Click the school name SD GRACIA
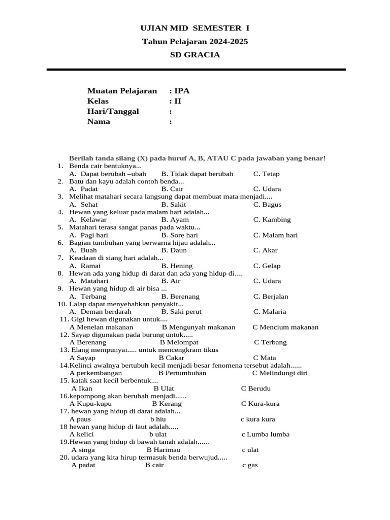[x=195, y=55]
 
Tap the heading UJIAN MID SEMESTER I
[x=195, y=28]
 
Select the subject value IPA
[x=182, y=91]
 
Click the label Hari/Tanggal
[x=113, y=111]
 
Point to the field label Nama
[x=99, y=121]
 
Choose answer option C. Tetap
[x=266, y=174]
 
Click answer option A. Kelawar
[x=88, y=220]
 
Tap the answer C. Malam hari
[x=275, y=235]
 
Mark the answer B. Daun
[x=174, y=250]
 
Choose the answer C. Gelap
[x=267, y=266]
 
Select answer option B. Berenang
[x=180, y=297]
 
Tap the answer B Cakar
[x=171, y=358]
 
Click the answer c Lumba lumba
[x=265, y=435]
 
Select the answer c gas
[x=250, y=465]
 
